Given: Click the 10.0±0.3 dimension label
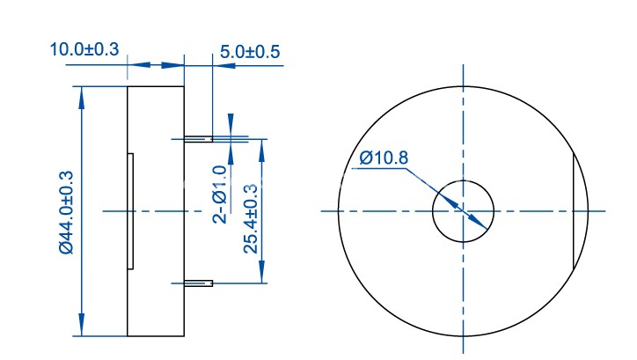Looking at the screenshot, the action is (84, 49).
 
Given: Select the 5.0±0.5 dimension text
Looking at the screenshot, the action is (250, 52).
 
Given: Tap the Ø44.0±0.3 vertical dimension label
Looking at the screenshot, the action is (67, 212).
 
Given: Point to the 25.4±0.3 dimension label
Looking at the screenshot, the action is (251, 218).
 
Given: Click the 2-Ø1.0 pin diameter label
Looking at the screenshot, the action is (220, 195).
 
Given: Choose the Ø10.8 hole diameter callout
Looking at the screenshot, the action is (384, 158).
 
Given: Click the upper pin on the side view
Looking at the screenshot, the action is (198, 139).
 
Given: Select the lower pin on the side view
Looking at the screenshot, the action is (198, 283).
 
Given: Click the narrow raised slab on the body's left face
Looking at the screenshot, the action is (130, 211).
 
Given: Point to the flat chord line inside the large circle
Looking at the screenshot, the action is (574, 211).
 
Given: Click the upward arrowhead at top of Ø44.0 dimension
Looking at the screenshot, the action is (82, 98).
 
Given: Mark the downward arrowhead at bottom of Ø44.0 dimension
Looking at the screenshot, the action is (82, 325).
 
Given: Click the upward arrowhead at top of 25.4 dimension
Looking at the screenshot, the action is (262, 151).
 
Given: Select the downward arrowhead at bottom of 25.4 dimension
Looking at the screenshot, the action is (262, 272).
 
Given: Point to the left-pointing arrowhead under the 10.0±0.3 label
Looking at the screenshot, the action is (139, 65).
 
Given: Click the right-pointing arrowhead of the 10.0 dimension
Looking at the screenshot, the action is (172, 65).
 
